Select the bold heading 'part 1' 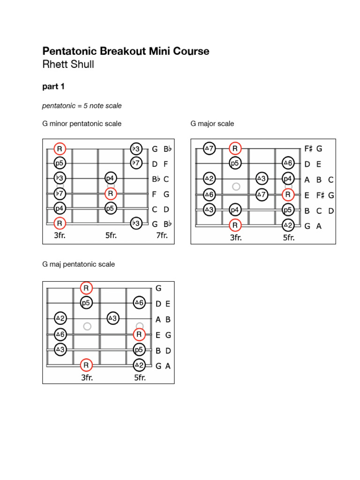[53, 87]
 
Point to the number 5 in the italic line [86, 106]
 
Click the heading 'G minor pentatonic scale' [82, 124]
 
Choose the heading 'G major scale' [212, 124]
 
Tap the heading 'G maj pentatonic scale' [78, 264]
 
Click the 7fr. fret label [162, 235]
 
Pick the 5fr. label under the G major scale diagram [289, 238]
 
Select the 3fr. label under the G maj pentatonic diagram [86, 377]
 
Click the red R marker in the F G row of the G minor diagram [111, 194]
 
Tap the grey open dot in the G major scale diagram [236, 187]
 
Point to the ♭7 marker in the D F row [136, 164]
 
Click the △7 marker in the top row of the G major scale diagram [209, 149]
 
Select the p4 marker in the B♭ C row [111, 178]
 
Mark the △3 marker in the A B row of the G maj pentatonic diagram [112, 318]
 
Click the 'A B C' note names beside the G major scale [319, 180]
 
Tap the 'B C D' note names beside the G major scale [319, 211]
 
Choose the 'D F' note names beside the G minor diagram [161, 164]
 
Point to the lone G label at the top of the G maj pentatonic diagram [158, 289]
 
